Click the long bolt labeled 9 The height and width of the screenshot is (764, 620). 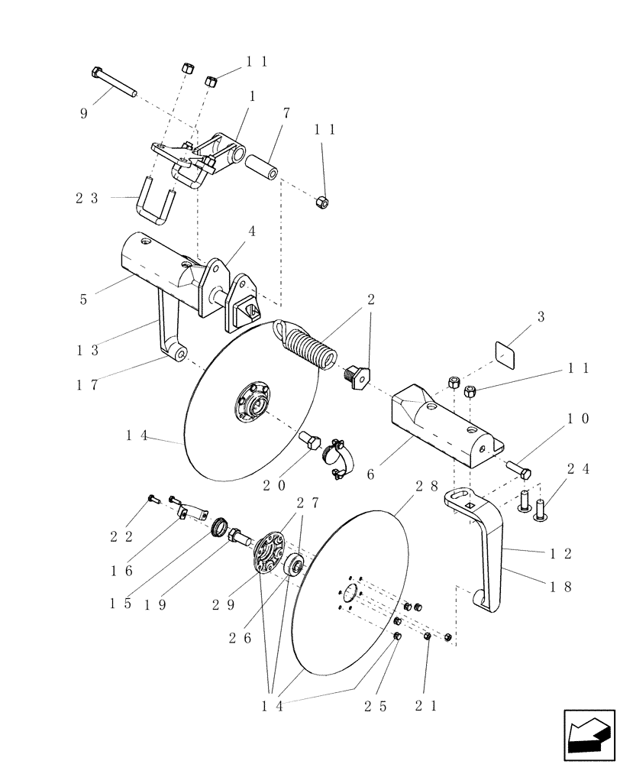(115, 82)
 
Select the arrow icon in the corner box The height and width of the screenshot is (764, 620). (589, 734)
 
